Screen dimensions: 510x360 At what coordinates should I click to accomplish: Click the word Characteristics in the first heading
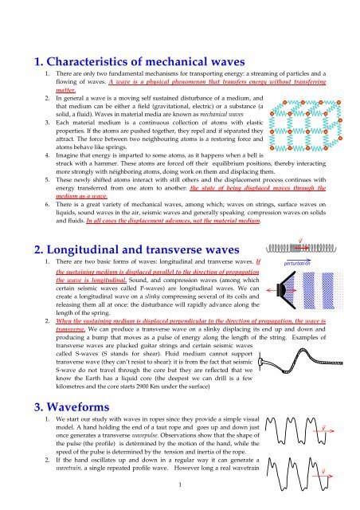point(103,56)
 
